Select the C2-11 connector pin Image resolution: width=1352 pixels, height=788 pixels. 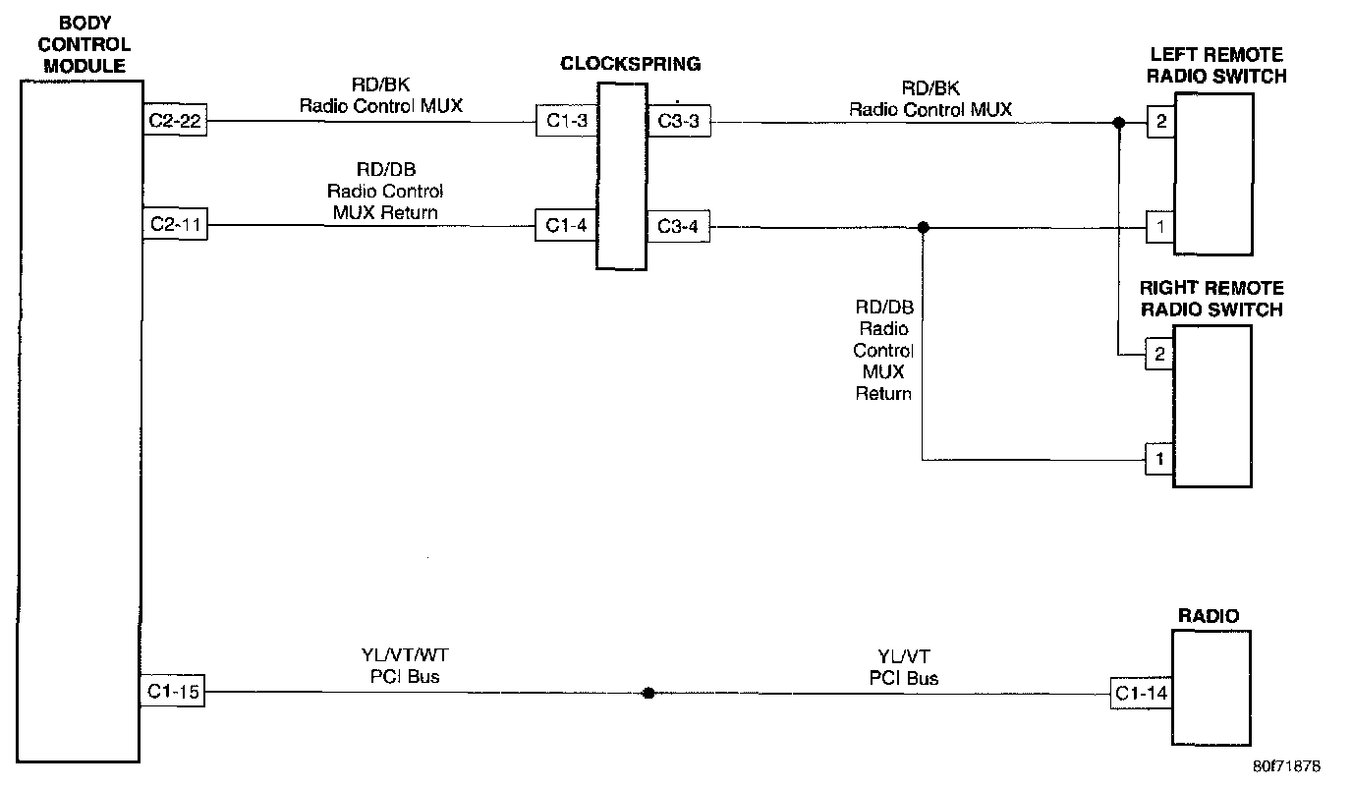click(x=174, y=226)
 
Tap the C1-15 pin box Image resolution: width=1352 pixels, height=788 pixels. click(x=174, y=693)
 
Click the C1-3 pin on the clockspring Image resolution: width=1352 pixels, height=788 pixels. click(x=566, y=121)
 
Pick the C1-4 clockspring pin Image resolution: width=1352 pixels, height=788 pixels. click(x=566, y=226)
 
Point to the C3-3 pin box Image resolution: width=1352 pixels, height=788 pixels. click(x=678, y=122)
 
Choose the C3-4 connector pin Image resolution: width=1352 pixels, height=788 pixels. click(x=678, y=228)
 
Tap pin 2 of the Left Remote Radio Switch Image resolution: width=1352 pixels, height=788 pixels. click(x=1160, y=123)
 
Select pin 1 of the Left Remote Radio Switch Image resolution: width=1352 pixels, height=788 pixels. click(x=1160, y=228)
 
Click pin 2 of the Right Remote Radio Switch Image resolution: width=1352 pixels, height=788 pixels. click(x=1159, y=355)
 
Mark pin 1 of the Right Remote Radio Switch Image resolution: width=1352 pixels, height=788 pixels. click(x=1159, y=459)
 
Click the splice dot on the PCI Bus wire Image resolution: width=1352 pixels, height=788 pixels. click(x=648, y=693)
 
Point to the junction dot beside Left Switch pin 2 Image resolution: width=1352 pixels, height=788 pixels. click(x=1118, y=123)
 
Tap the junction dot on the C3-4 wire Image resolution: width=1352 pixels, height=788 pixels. click(x=923, y=228)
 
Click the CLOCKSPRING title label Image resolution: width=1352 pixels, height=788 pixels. click(x=631, y=64)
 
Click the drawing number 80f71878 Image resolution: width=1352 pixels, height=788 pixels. click(x=1286, y=763)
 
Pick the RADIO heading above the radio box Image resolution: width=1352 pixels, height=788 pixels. click(x=1208, y=616)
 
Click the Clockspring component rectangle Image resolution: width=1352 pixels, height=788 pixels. click(x=621, y=177)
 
